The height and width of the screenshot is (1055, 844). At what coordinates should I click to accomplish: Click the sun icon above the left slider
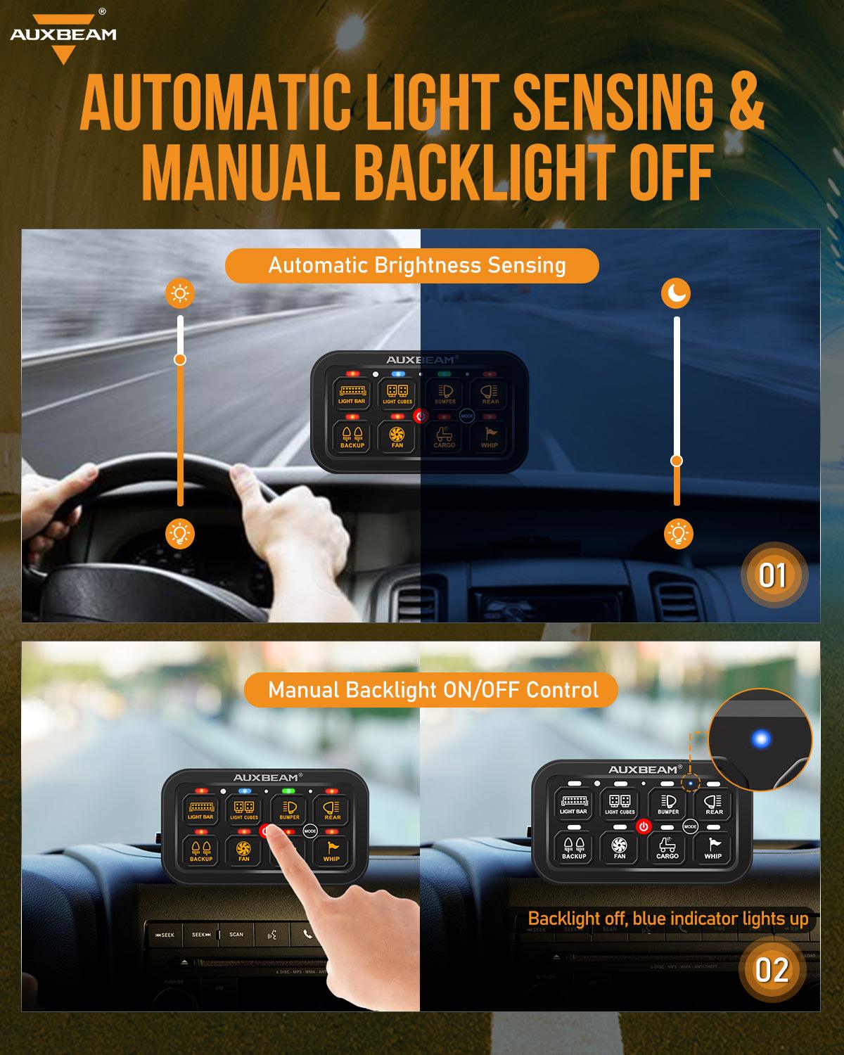180,293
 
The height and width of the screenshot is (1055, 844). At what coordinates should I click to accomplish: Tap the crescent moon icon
676,293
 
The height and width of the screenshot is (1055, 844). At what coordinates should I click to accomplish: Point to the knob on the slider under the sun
180,359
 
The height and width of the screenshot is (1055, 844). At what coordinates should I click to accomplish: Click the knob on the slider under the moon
677,461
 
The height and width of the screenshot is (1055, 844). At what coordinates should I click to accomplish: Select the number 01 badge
772,575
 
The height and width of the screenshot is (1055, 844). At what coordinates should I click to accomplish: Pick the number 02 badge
772,971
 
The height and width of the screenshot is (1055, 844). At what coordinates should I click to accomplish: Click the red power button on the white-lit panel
643,826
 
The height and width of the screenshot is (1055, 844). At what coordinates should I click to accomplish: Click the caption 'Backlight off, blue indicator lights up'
667,919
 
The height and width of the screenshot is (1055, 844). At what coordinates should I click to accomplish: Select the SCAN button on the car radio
236,935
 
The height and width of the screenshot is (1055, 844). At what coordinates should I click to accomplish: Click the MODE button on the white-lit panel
690,827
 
